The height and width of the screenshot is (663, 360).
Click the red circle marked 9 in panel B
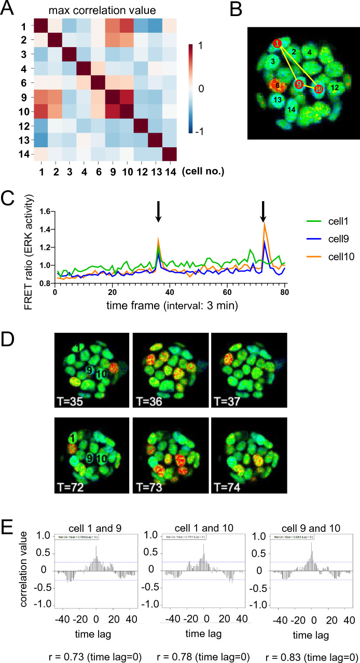298,84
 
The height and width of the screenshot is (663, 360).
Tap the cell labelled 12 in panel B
335,88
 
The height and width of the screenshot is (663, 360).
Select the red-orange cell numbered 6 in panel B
278,84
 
